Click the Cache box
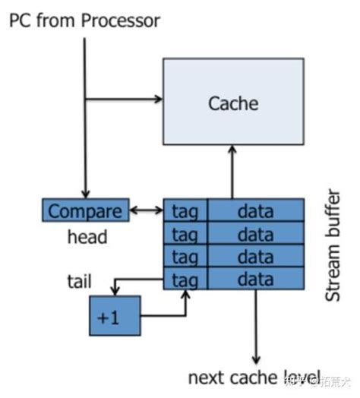233,103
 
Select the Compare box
85,210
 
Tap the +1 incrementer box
114,315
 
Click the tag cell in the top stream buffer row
185,210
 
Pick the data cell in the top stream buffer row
255,210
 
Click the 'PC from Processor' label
84,21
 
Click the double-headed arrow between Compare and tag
144,210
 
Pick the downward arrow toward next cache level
255,327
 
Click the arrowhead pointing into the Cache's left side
158,99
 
